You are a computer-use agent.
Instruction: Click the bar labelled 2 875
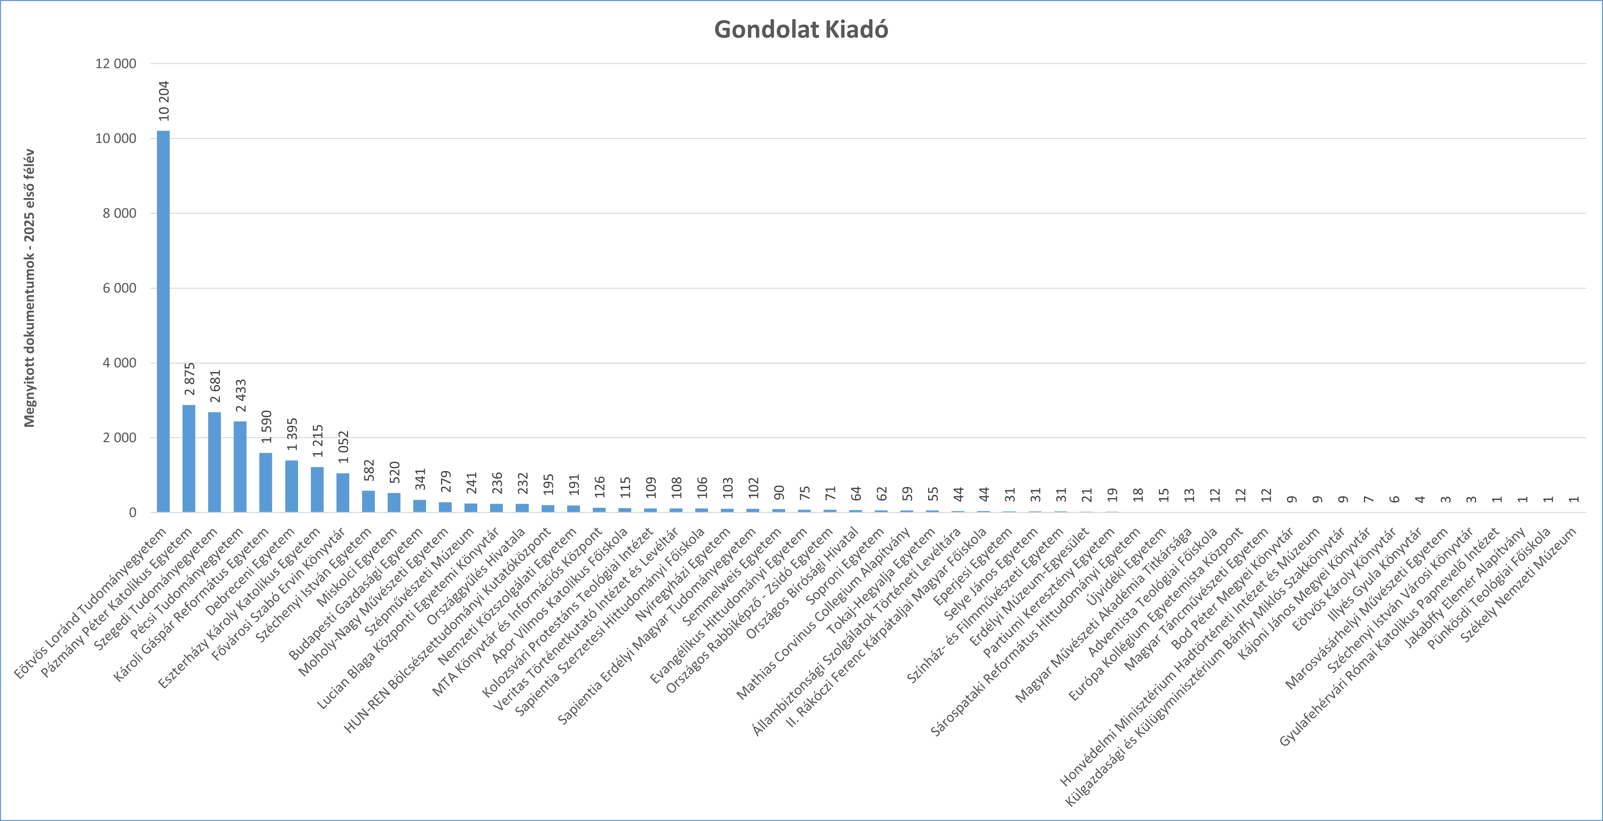click(x=188, y=459)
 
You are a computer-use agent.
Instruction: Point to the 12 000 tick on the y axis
click(x=116, y=63)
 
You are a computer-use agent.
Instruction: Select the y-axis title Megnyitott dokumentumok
click(x=29, y=288)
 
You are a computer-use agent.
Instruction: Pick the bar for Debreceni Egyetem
click(x=291, y=486)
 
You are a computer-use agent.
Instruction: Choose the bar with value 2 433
click(x=240, y=467)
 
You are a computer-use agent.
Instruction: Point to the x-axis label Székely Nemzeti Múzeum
click(x=1518, y=585)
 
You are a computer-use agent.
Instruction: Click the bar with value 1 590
click(x=266, y=482)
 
